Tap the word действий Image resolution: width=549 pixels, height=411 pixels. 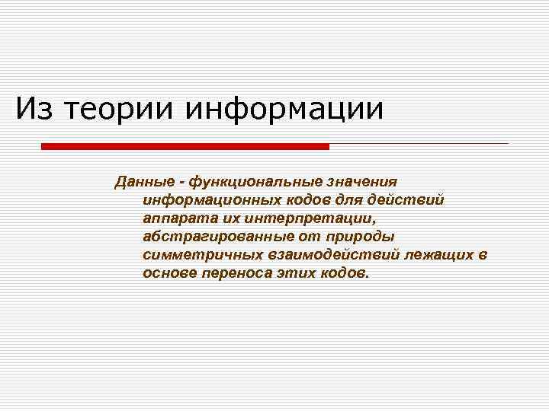pos(413,200)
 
